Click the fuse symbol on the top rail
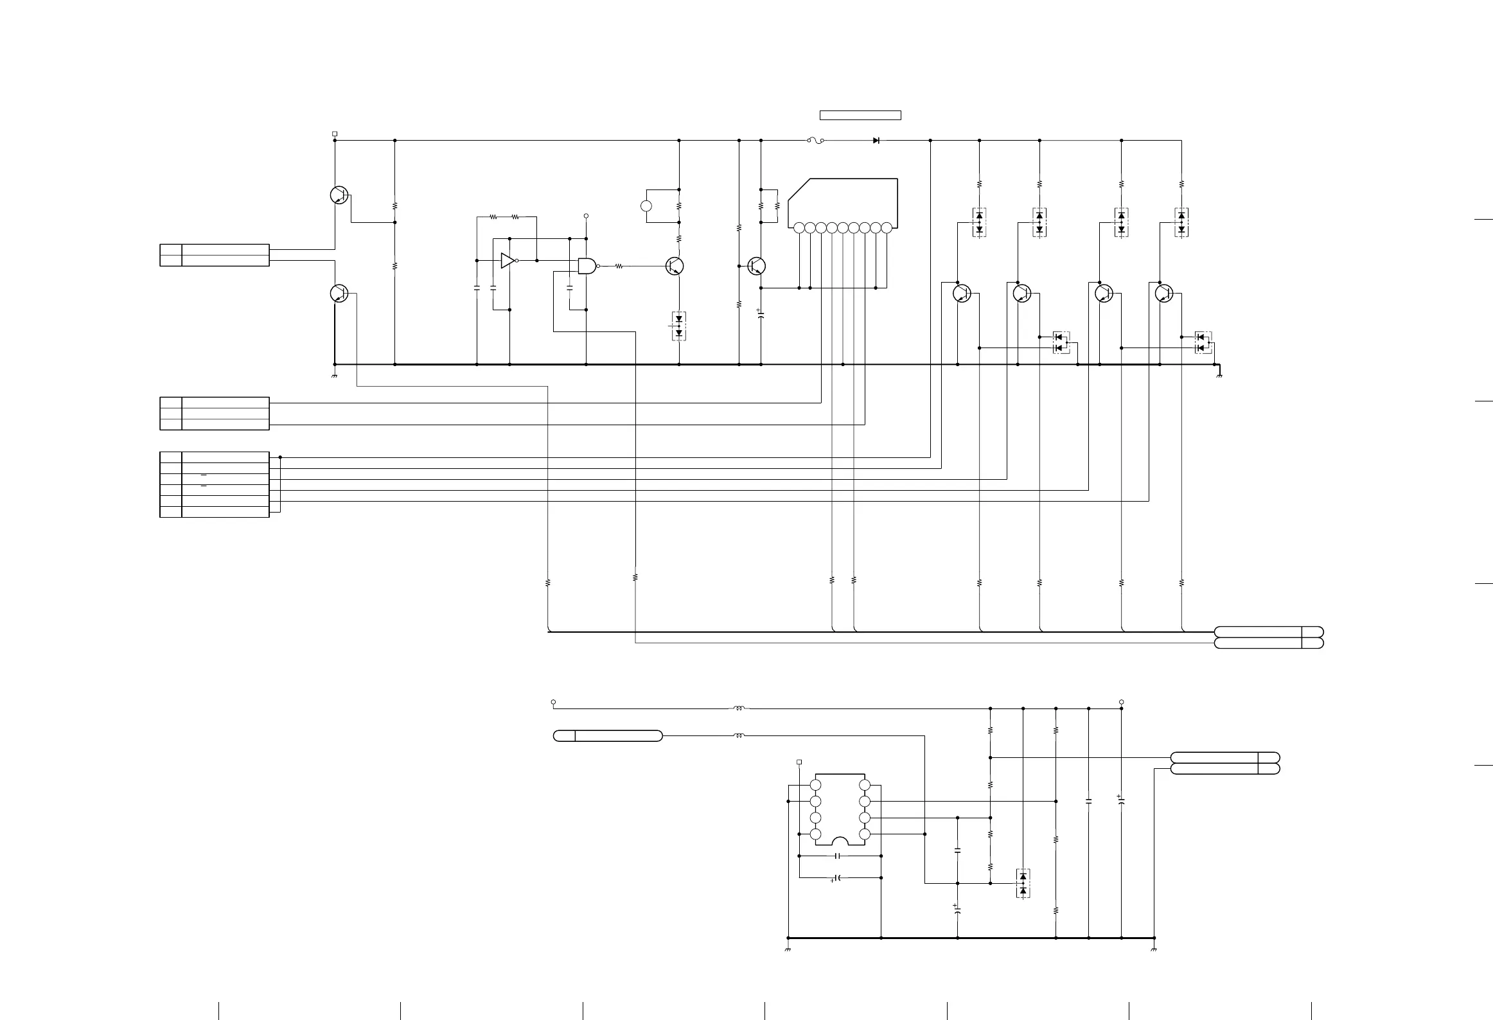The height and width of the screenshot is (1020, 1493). click(815, 140)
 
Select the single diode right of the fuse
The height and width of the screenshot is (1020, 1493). click(876, 140)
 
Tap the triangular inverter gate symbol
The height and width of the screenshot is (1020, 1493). click(508, 260)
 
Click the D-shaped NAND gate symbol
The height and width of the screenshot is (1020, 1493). click(587, 265)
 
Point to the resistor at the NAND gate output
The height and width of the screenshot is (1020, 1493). click(619, 265)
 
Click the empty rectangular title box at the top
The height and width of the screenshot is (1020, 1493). click(860, 116)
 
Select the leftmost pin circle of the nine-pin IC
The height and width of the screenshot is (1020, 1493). click(799, 227)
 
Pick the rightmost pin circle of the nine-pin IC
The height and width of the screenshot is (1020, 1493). click(887, 227)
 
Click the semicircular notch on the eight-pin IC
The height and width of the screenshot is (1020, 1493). click(840, 841)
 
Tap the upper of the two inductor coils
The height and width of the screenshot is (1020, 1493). click(739, 708)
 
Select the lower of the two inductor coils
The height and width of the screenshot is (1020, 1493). click(739, 735)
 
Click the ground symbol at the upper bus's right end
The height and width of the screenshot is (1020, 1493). click(1219, 374)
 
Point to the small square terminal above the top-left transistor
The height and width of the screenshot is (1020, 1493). click(334, 134)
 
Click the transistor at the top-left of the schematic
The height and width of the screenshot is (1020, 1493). click(339, 195)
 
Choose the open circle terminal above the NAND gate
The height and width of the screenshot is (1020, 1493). click(586, 216)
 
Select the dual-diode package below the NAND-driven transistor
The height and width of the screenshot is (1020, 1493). click(679, 326)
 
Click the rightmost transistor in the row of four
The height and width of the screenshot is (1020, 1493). click(1163, 294)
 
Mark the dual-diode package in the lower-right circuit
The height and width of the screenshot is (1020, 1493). click(1023, 883)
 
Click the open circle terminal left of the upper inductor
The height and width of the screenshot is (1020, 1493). click(553, 702)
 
